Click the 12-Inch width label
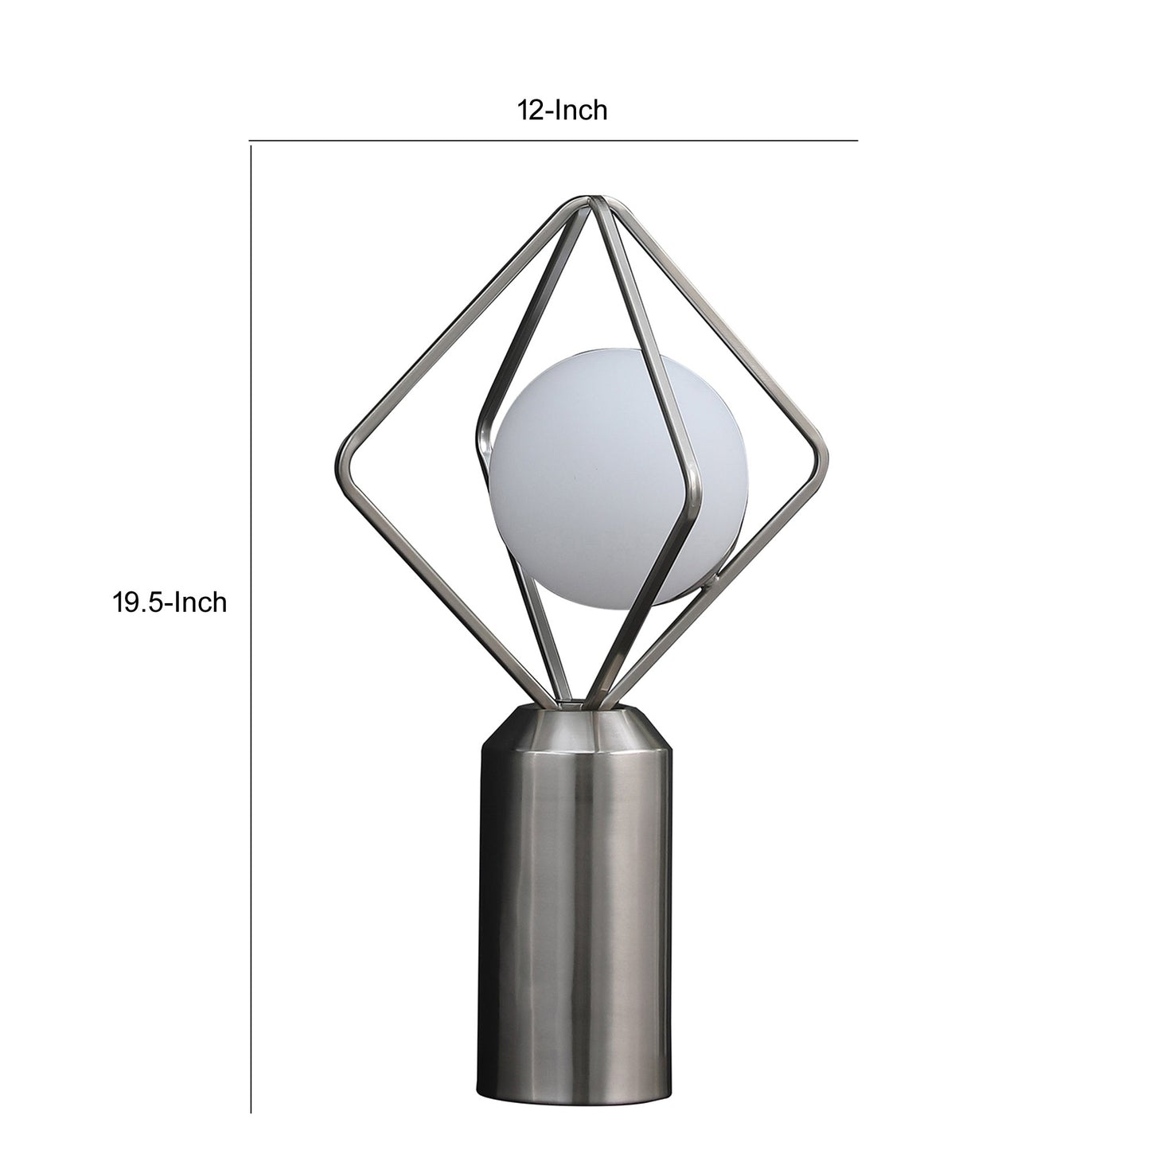tap(563, 110)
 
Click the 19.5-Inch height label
tap(169, 602)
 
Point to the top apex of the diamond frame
tap(591, 198)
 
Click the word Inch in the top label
tap(580, 110)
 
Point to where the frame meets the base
tap(575, 702)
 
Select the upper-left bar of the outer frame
tap(462, 326)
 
